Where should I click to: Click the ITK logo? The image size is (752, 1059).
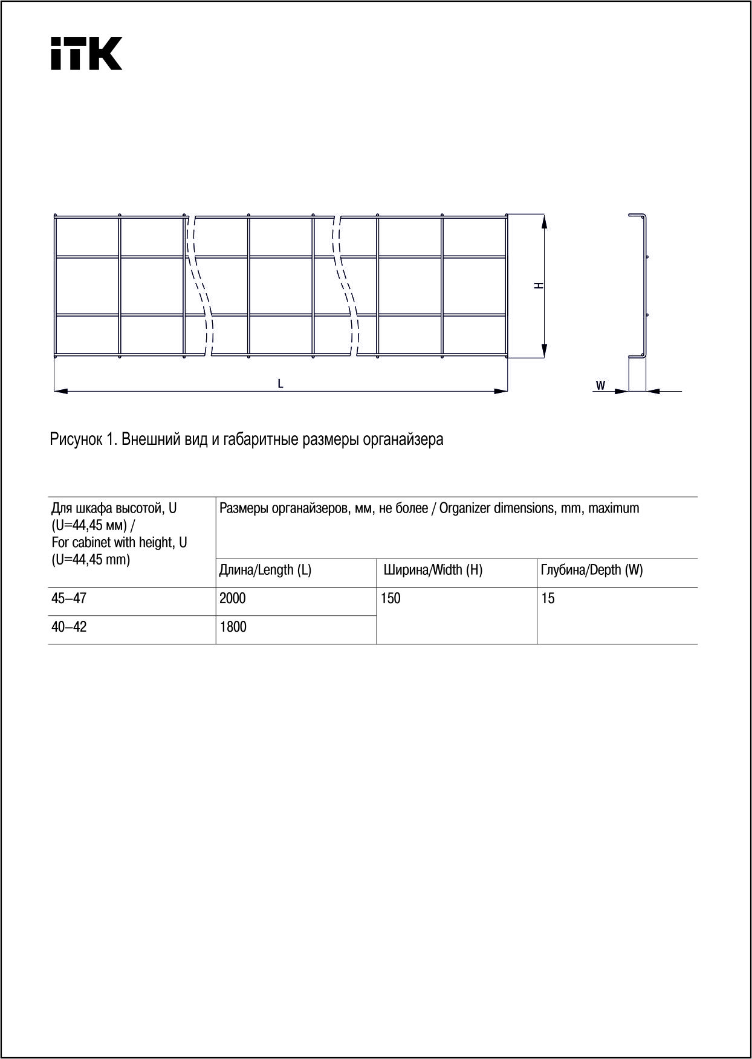(x=86, y=53)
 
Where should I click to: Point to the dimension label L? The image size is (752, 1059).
(x=280, y=383)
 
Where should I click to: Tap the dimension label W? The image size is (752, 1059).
(x=600, y=385)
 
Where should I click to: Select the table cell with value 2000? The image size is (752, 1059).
(x=233, y=598)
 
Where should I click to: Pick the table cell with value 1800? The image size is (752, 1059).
(x=233, y=627)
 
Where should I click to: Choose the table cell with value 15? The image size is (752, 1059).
(x=548, y=599)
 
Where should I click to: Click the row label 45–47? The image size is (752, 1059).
(x=69, y=598)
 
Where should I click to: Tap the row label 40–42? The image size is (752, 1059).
(x=69, y=627)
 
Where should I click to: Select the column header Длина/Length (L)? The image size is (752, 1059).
(x=265, y=570)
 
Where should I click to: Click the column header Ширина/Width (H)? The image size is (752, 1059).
(x=433, y=570)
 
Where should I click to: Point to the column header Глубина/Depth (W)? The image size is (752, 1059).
(x=592, y=570)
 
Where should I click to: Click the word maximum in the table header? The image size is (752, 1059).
(x=614, y=508)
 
